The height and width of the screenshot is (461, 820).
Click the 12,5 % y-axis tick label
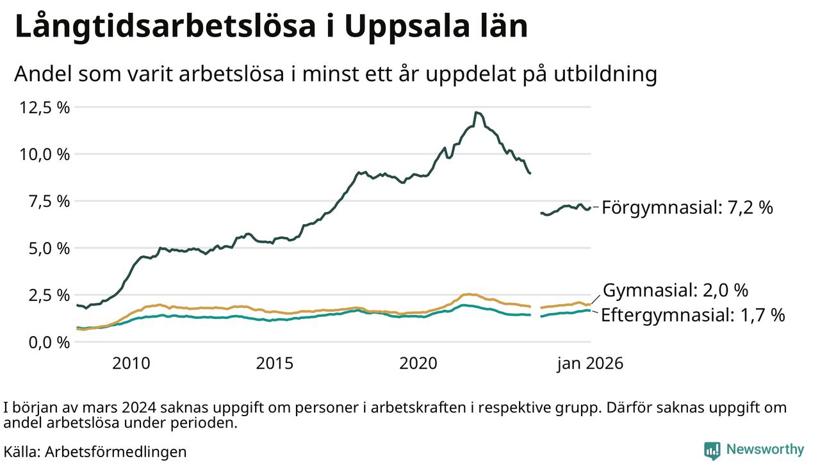tap(45, 107)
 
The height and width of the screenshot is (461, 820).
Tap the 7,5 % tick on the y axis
tap(49, 201)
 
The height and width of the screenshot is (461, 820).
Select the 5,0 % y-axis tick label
tap(49, 248)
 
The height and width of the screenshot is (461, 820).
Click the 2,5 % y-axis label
tap(49, 295)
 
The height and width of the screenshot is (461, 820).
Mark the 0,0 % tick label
tap(49, 342)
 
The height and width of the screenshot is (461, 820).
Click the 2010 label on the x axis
tap(131, 364)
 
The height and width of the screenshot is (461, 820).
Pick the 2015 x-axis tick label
tap(275, 364)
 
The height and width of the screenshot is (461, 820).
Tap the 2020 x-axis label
tap(418, 364)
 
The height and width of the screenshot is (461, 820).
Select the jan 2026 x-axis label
tap(589, 364)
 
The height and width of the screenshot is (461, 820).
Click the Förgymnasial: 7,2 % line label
tap(687, 207)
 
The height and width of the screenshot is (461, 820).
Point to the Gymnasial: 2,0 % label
tap(676, 291)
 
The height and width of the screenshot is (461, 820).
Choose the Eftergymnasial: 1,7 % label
tap(693, 315)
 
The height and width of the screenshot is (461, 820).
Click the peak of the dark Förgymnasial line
tap(476, 113)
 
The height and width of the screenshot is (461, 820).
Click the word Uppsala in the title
tap(400, 27)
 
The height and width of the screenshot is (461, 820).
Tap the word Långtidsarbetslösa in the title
tap(163, 27)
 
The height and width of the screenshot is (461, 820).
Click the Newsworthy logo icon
tap(712, 450)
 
